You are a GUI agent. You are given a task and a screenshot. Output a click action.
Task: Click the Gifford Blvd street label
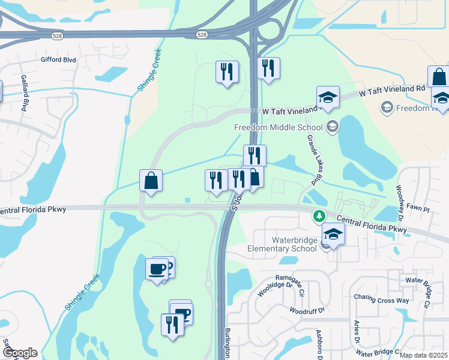(58, 60)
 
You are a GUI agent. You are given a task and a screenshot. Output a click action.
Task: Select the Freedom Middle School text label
(278, 127)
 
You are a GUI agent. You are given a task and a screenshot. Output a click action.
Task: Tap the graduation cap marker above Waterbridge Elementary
(333, 234)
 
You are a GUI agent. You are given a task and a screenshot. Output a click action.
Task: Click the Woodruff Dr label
(306, 310)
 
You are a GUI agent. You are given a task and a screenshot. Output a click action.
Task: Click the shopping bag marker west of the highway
(151, 181)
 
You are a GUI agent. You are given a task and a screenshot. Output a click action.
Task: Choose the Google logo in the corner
(20, 353)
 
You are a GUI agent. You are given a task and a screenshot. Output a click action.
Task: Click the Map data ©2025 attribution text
(423, 355)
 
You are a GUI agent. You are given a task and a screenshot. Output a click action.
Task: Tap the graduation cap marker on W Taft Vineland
(328, 97)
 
